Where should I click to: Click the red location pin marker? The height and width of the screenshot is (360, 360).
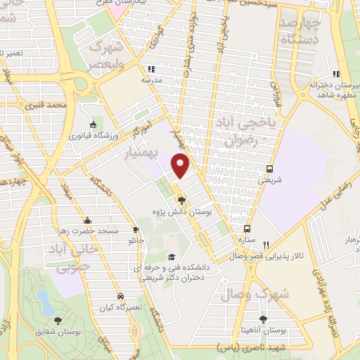coord(181,165)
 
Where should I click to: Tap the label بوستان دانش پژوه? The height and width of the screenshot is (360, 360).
coord(181,211)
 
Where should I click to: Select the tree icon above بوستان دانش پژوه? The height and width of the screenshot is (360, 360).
coord(182,200)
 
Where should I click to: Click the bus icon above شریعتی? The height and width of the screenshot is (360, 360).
coord(270,169)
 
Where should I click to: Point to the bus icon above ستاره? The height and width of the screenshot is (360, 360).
coord(247,229)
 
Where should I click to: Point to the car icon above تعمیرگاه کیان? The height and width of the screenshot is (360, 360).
coord(121,297)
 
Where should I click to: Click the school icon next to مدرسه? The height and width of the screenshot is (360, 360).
coord(150,69)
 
